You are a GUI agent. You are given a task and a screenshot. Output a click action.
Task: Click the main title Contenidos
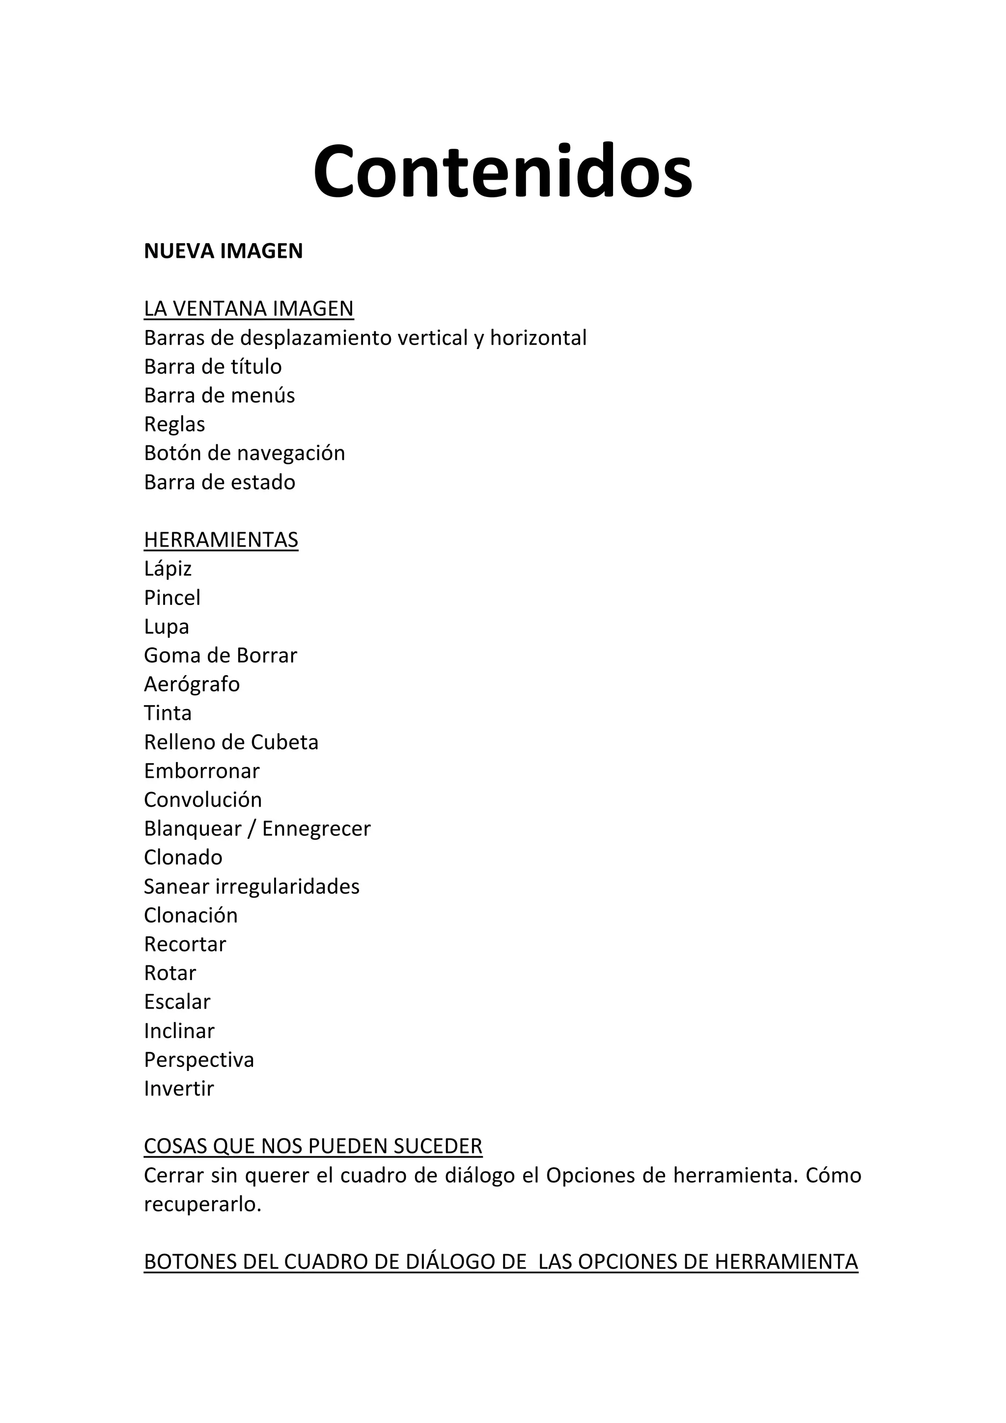502,170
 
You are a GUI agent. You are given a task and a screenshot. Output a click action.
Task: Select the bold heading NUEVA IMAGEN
223,251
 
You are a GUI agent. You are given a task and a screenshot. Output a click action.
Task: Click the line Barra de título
213,366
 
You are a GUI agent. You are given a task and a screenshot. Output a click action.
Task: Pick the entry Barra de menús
220,395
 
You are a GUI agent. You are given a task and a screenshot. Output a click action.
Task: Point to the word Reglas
174,425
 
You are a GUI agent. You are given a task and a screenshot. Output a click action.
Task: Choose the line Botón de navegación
244,453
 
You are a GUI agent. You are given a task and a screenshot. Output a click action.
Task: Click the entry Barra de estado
220,482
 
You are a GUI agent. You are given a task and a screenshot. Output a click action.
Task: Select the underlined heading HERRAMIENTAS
221,540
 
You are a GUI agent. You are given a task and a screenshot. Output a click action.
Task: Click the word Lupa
166,627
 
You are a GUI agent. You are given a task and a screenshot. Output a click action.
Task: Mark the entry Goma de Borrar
220,655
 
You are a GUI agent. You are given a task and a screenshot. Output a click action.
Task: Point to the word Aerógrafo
192,684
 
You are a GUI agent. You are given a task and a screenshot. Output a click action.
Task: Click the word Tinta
168,713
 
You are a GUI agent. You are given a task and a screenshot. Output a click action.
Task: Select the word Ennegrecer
316,829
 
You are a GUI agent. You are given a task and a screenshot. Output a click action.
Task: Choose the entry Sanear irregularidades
251,886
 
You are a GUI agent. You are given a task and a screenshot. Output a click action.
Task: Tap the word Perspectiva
199,1060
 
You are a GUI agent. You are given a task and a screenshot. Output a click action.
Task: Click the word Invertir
178,1088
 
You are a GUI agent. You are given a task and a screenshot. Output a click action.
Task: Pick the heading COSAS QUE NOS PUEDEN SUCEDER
313,1147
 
